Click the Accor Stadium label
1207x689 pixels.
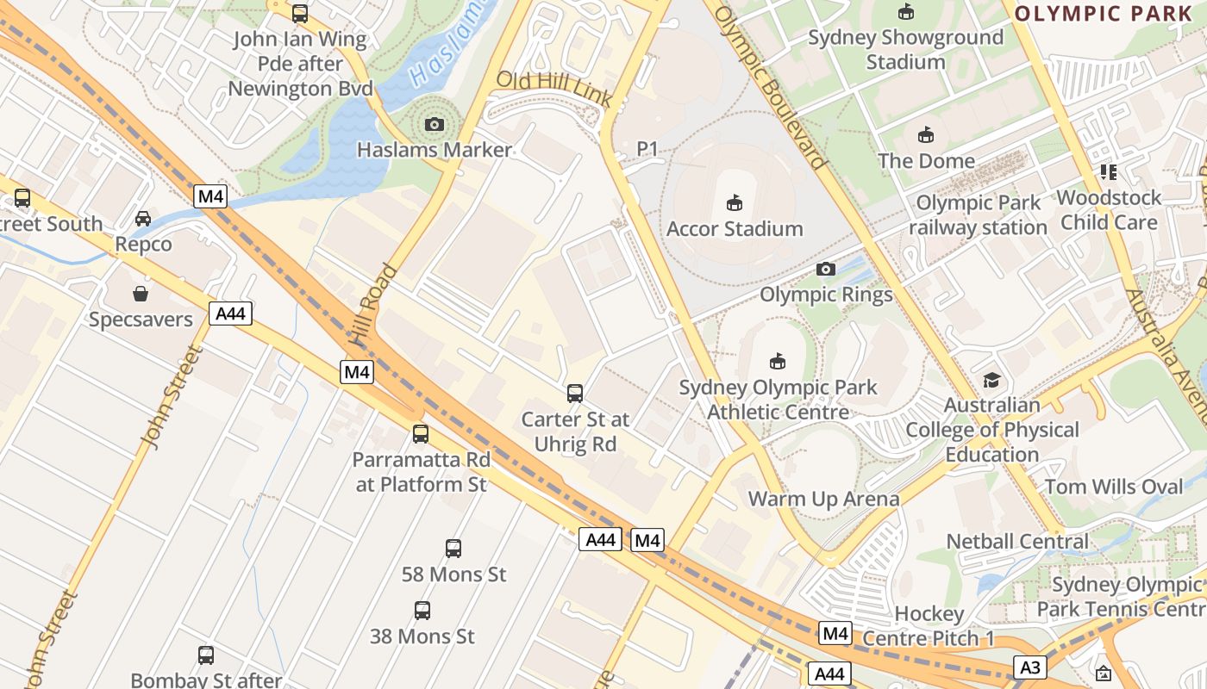735,229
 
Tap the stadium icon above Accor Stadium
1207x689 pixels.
735,203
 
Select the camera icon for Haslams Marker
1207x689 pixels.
435,125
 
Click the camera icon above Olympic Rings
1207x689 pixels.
826,270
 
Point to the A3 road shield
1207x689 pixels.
1030,667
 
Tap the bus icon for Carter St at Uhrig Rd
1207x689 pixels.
575,394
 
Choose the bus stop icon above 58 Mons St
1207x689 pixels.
453,549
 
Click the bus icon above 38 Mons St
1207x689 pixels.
422,611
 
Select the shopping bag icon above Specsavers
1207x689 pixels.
141,294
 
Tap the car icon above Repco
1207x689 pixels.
143,219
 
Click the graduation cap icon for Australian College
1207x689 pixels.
992,380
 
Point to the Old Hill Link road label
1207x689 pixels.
553,90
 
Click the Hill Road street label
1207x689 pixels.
375,306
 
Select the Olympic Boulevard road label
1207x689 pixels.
770,86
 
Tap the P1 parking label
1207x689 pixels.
647,149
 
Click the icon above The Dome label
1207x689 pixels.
926,135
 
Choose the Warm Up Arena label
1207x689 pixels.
823,499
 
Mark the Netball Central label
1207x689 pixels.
1017,542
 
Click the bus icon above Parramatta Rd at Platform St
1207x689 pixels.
421,434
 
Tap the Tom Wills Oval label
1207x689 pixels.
1114,487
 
